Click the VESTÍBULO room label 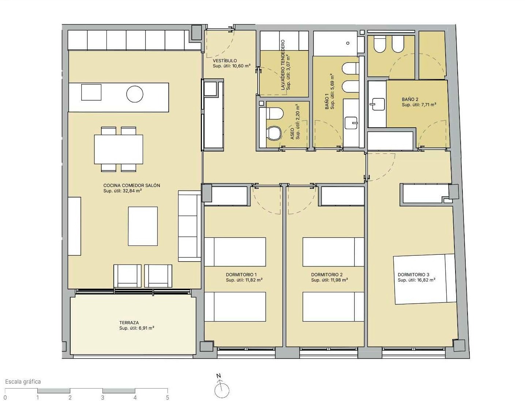[225, 61]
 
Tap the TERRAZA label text [129, 323]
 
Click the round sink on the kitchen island [135, 94]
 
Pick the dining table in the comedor [119, 149]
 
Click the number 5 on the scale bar [168, 397]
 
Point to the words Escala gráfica [23, 382]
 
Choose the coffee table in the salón [143, 226]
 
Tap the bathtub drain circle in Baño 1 [348, 43]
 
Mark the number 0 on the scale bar [5, 397]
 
